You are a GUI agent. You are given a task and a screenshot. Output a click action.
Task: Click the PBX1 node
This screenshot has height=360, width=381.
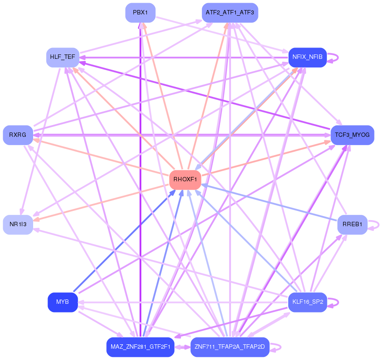tap(140, 13)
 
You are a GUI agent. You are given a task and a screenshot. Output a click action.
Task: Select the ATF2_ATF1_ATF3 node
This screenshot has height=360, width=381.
tap(230, 13)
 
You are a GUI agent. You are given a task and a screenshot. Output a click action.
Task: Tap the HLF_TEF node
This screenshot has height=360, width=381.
tap(63, 58)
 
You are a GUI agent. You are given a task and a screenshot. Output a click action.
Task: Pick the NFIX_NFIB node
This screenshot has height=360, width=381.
tap(307, 58)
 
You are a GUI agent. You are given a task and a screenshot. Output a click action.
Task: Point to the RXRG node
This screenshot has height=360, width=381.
tap(18, 135)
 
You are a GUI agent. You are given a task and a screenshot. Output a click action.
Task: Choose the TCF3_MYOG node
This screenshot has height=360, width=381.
tap(352, 135)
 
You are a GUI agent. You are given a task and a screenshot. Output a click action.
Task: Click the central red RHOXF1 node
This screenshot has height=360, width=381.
tap(185, 180)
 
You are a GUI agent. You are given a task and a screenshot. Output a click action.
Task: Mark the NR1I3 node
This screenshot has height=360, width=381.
tap(18, 224)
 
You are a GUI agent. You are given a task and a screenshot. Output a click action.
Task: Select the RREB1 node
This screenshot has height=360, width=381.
tap(352, 224)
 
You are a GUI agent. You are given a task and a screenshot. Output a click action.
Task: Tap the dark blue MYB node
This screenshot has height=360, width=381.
tap(63, 302)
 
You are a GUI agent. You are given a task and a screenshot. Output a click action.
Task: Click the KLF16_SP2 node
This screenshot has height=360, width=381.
tap(307, 302)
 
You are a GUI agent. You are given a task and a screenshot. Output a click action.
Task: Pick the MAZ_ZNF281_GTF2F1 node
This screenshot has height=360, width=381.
tap(140, 347)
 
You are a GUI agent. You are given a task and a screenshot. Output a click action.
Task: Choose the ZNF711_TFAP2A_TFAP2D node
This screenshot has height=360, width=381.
tap(230, 347)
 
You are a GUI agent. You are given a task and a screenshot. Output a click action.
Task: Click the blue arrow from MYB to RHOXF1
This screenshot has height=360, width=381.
tap(124, 241)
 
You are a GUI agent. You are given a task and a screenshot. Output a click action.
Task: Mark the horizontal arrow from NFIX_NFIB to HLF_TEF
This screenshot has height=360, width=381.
tap(184, 58)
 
